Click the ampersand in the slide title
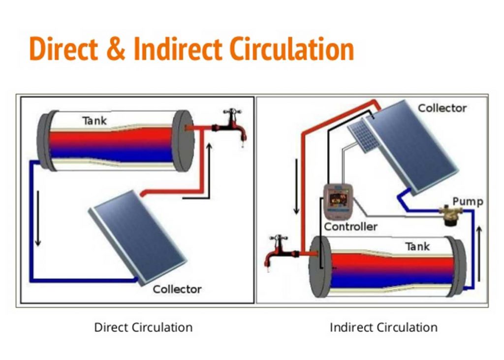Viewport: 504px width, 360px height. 120,49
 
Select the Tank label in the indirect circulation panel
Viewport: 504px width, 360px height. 417,246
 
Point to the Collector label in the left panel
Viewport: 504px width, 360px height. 177,289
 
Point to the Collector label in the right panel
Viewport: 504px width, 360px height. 442,108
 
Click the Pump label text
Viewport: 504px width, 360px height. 468,201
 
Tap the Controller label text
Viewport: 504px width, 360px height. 351,227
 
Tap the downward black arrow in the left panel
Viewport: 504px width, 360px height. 37,219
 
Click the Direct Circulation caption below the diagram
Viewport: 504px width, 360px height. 143,327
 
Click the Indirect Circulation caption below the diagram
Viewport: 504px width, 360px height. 383,327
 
